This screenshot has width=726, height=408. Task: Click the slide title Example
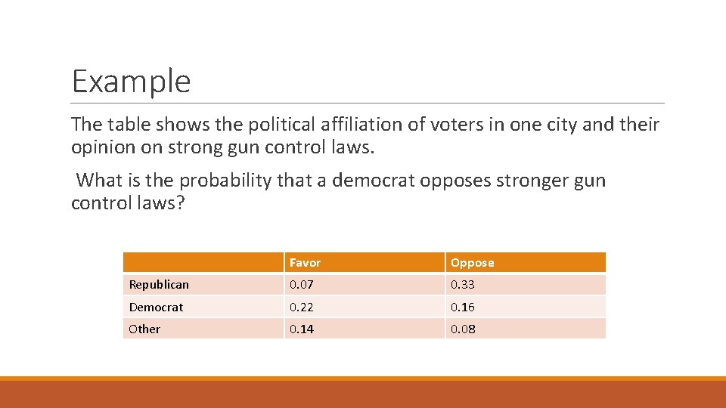131,81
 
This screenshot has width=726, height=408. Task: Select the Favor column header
305,263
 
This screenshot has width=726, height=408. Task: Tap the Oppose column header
472,263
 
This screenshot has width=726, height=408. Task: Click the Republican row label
159,285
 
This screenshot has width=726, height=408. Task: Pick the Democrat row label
156,308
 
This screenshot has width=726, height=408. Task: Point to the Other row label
144,329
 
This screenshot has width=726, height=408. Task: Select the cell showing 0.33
463,285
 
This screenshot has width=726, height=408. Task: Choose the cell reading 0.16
463,308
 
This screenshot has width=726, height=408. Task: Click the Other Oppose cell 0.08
463,329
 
